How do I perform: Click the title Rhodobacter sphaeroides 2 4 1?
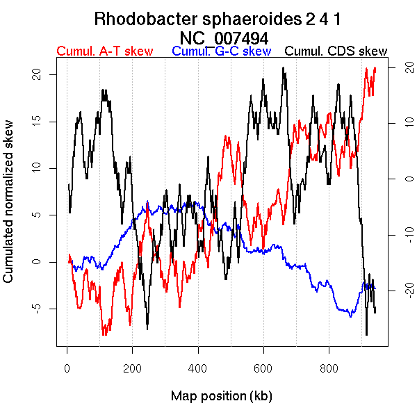click(x=217, y=19)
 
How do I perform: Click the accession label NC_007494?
click(x=224, y=37)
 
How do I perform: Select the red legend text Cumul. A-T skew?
click(x=105, y=51)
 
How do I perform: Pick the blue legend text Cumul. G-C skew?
click(x=221, y=51)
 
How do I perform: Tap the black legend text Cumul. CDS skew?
click(x=336, y=51)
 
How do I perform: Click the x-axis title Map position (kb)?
click(x=221, y=396)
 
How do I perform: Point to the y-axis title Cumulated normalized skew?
click(x=9, y=210)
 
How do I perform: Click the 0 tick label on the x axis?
click(x=67, y=368)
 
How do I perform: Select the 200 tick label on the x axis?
click(x=132, y=368)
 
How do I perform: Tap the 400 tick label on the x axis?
click(x=197, y=368)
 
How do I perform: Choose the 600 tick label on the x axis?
click(x=263, y=368)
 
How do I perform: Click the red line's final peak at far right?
click(x=375, y=68)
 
